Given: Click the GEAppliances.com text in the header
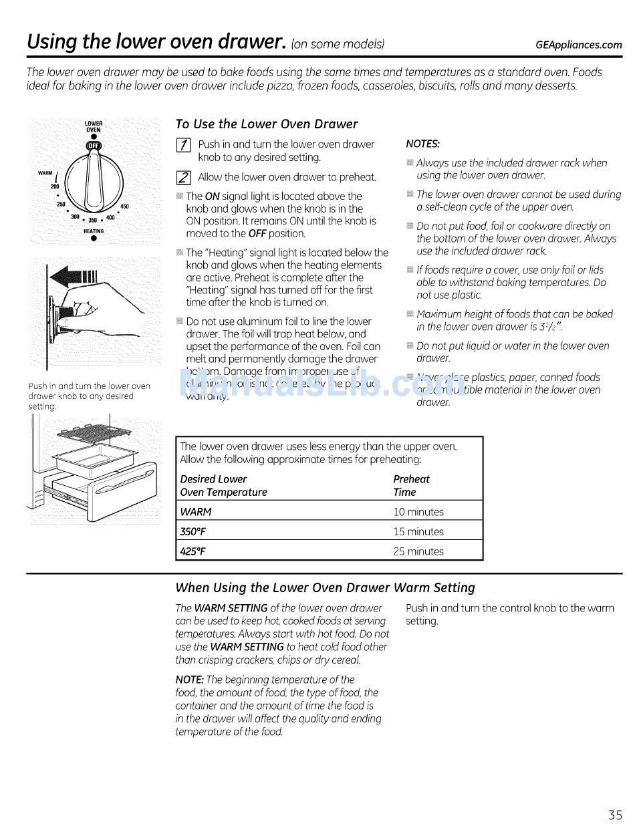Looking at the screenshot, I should (x=579, y=45).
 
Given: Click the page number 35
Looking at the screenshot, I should (x=615, y=815).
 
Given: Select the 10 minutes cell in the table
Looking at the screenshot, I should (x=418, y=512).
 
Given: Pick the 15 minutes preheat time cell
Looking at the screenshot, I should (x=418, y=532).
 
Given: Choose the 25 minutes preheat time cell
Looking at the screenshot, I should (x=418, y=551).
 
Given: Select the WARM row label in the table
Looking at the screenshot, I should (x=196, y=512).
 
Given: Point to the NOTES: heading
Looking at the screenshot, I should (x=422, y=144).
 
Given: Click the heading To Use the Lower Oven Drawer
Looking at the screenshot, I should (x=266, y=124).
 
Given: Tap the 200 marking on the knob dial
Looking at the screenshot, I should (x=55, y=186).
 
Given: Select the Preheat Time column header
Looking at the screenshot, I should (x=411, y=486).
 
